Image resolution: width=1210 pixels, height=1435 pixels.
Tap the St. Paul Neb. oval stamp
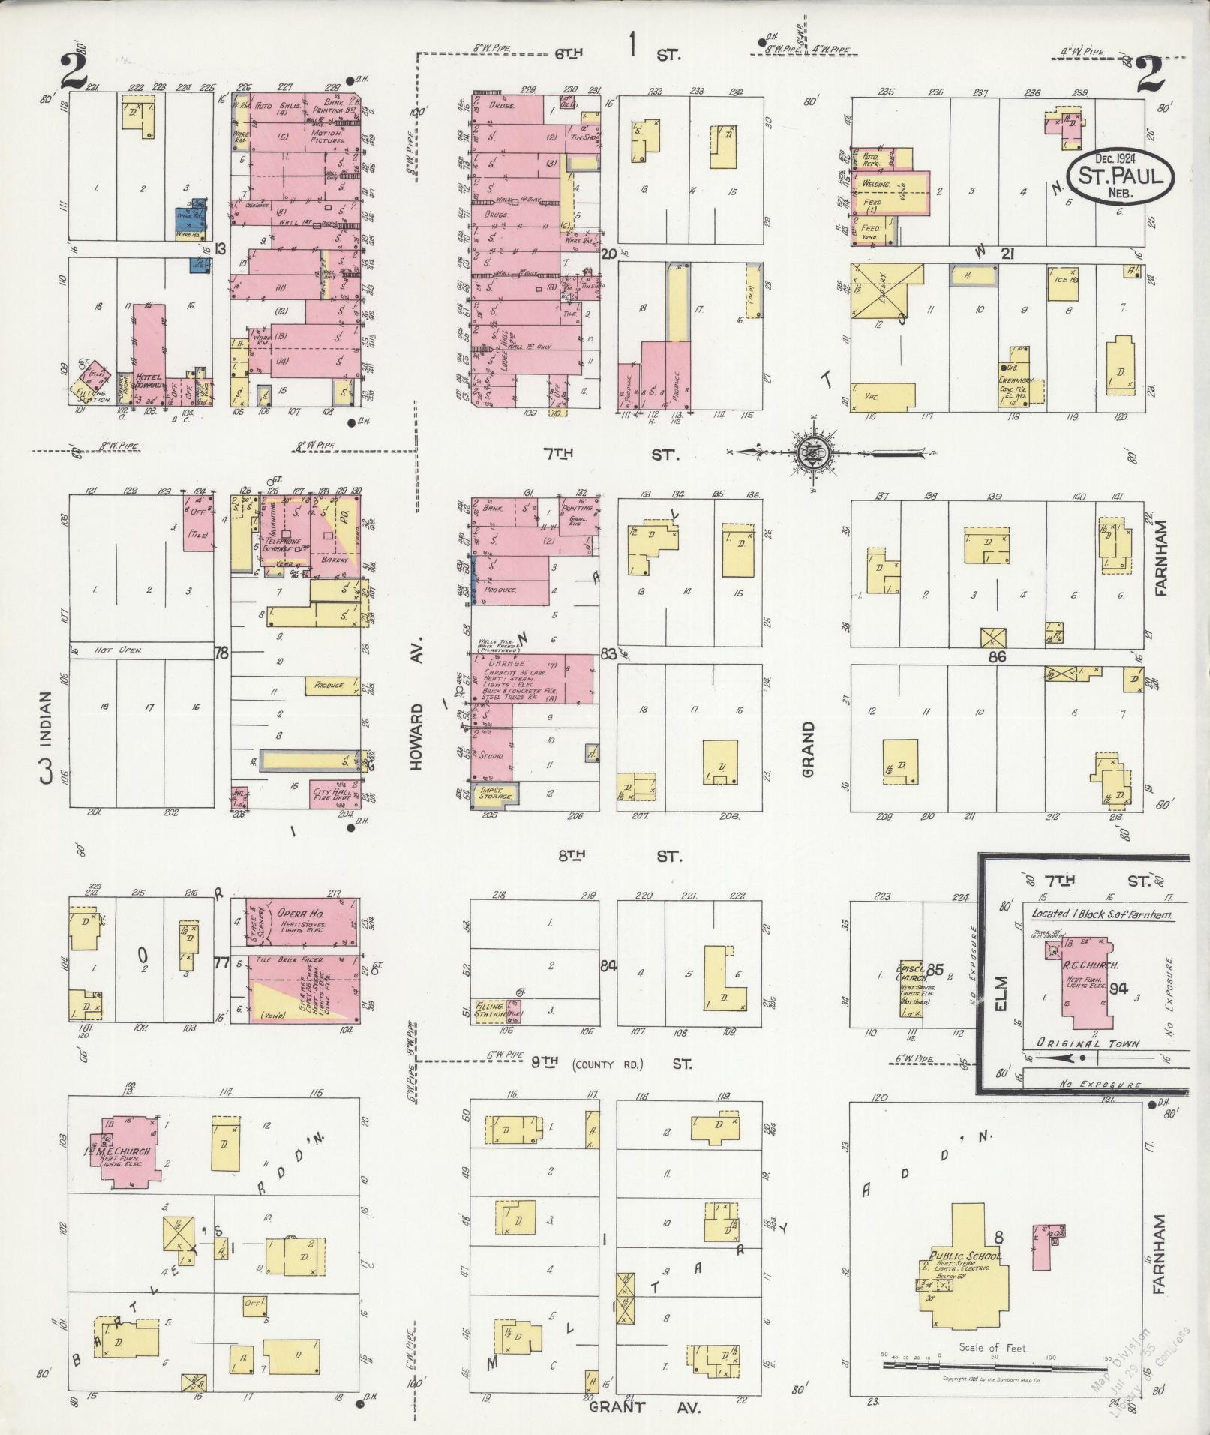(1112, 176)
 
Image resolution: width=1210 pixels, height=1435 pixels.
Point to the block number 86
(996, 656)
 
